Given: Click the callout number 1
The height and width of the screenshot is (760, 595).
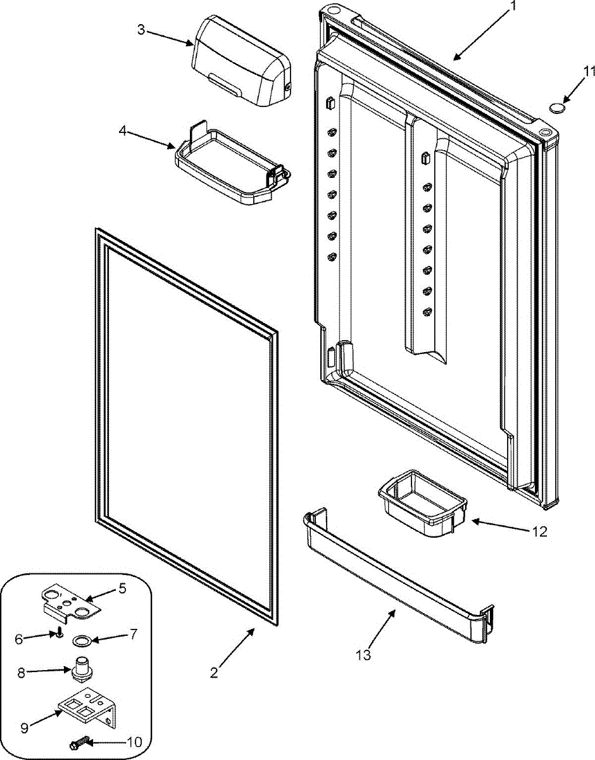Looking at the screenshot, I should tap(513, 7).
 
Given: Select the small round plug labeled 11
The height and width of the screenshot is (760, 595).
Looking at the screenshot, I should tap(556, 108).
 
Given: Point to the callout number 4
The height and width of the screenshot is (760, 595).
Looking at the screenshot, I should tap(123, 132).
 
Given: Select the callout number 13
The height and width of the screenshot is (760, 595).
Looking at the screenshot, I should tap(363, 655).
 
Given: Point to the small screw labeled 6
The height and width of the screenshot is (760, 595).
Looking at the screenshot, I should tap(58, 631).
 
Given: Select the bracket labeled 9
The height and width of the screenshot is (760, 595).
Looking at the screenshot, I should tap(87, 711).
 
